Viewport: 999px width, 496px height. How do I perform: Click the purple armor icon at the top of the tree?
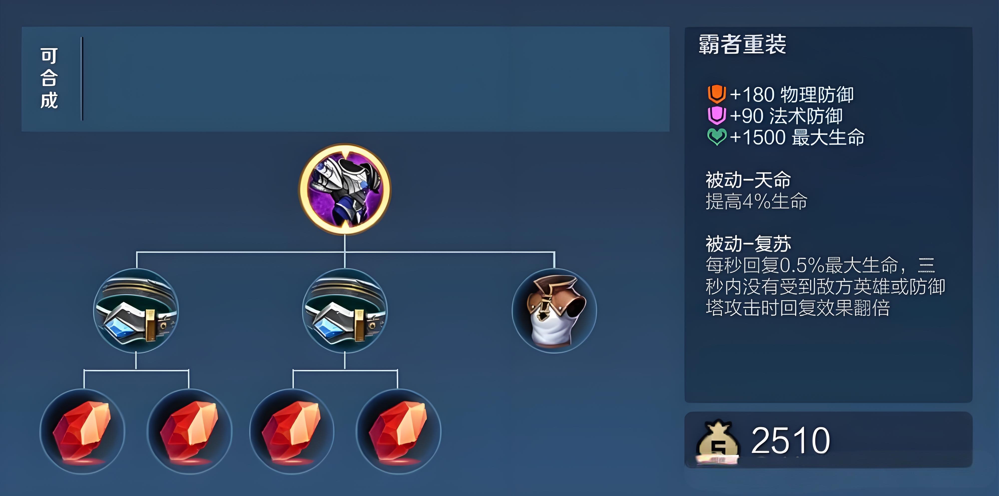[344, 189]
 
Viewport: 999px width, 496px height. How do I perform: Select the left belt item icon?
[136, 310]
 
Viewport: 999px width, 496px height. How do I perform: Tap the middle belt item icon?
[345, 310]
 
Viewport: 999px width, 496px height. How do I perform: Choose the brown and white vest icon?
[554, 310]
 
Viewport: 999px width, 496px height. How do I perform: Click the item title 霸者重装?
[742, 44]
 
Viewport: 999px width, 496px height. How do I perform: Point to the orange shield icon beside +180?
[716, 94]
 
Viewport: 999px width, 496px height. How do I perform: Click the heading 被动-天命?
[748, 180]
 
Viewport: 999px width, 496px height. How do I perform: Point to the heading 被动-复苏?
[748, 244]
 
